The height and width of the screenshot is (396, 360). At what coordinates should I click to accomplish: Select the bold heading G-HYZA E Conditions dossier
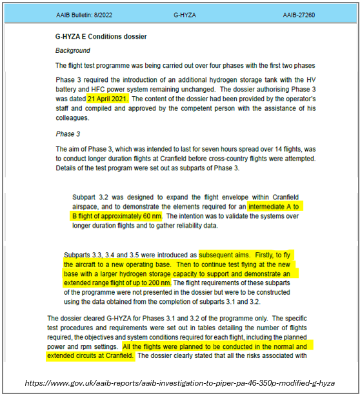click(101, 37)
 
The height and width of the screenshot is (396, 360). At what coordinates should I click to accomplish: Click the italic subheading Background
click(72, 50)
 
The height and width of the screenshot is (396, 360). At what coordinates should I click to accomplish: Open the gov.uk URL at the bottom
click(180, 382)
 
